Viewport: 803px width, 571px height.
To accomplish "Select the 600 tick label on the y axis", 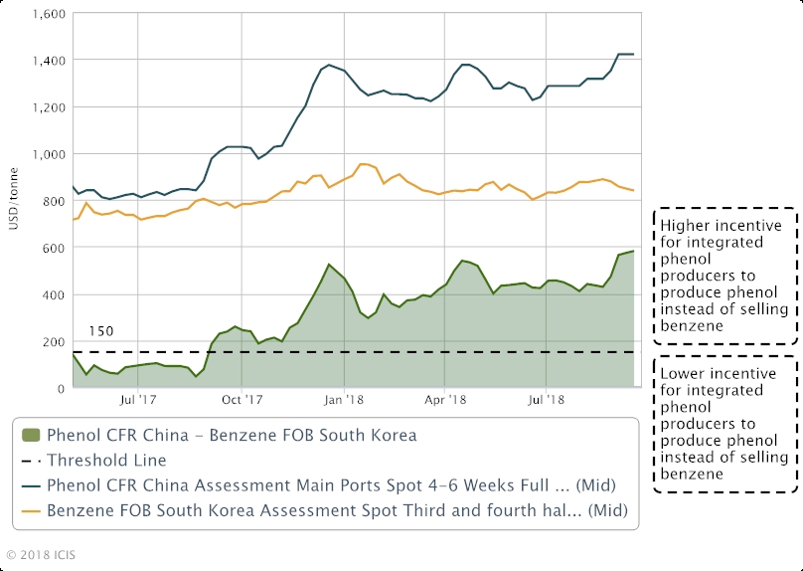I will click(53, 248).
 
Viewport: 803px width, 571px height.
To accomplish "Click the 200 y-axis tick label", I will click(53, 341).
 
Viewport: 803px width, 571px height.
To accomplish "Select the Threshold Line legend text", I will click(108, 460).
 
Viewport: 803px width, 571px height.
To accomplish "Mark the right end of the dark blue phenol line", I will click(633, 54).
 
